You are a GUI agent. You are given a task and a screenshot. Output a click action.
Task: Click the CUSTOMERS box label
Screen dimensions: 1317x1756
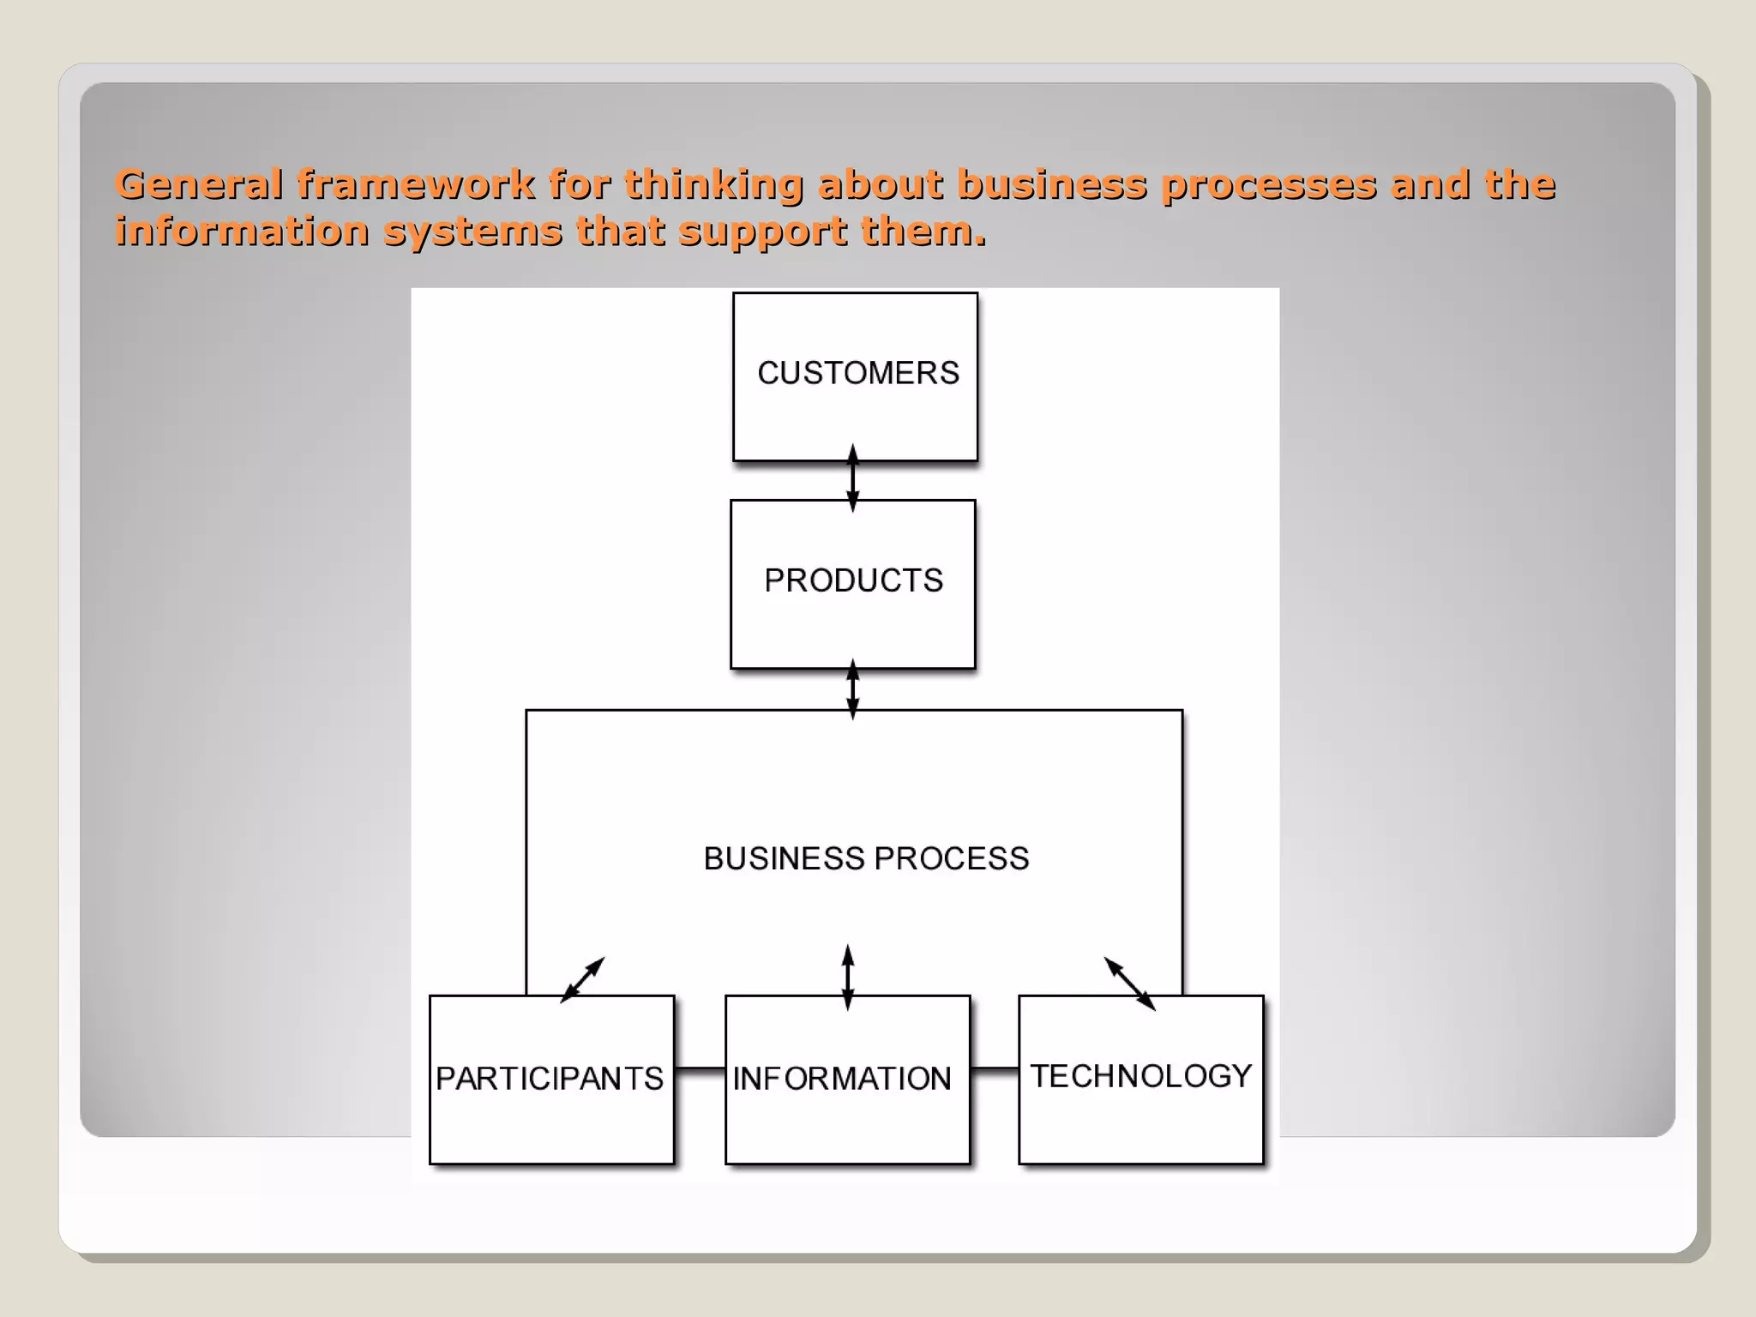click(858, 373)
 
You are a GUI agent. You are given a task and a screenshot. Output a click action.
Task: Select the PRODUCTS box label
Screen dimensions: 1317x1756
click(853, 580)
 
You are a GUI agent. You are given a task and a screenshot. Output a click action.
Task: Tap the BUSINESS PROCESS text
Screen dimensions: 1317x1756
click(866, 858)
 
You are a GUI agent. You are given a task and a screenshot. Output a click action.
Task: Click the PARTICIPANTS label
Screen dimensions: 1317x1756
click(550, 1079)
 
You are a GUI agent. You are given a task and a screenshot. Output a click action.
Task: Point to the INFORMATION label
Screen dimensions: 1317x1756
click(842, 1079)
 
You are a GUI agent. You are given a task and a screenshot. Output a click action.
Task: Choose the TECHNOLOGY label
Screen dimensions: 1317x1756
click(1141, 1076)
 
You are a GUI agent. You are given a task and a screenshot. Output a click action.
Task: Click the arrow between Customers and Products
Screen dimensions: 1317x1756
click(852, 478)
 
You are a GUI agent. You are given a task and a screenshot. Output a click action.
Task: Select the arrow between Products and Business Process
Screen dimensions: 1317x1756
click(852, 689)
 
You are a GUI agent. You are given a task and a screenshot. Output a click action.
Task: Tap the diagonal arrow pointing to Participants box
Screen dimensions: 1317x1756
click(583, 979)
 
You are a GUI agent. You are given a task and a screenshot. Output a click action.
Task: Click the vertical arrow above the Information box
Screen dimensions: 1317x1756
click(848, 977)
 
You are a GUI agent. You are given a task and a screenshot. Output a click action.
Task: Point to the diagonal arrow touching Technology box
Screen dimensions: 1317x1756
click(1129, 983)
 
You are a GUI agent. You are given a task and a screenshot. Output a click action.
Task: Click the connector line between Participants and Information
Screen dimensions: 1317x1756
click(700, 1069)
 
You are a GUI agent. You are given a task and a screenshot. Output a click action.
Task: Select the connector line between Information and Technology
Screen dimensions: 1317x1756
click(995, 1069)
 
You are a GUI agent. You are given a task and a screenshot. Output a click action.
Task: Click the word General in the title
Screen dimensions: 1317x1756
click(199, 184)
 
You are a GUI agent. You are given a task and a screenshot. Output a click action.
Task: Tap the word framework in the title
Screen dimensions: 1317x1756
click(416, 184)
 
